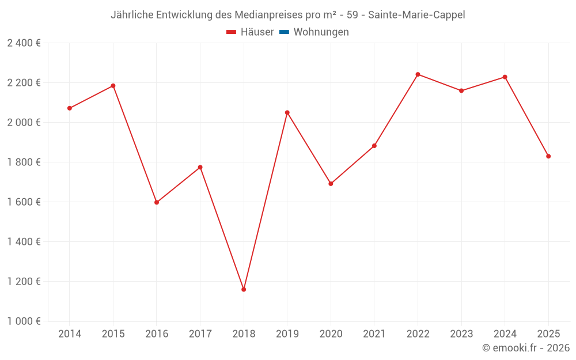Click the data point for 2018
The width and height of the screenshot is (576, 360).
(x=244, y=289)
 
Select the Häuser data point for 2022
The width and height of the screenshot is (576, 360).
(x=418, y=74)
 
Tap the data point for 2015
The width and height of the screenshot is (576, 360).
(x=113, y=86)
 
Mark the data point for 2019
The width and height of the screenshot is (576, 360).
(x=287, y=112)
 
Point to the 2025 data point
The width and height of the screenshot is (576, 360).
(x=548, y=156)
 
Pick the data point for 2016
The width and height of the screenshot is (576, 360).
(x=157, y=202)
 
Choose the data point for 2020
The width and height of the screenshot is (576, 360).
(x=331, y=184)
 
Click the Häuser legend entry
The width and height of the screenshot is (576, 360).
(x=250, y=32)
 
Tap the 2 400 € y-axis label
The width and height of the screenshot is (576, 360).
(x=24, y=43)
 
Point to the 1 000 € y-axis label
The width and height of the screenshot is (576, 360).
(x=24, y=321)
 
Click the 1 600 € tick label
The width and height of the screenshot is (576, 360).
(x=24, y=202)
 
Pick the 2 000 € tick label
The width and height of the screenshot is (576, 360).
(x=24, y=123)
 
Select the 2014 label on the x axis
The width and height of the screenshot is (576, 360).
(x=70, y=334)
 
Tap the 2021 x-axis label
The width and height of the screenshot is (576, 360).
(x=374, y=334)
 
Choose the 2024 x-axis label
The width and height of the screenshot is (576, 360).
(x=505, y=334)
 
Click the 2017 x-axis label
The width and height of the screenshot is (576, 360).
(x=200, y=334)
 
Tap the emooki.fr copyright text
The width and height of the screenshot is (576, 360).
(x=526, y=348)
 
